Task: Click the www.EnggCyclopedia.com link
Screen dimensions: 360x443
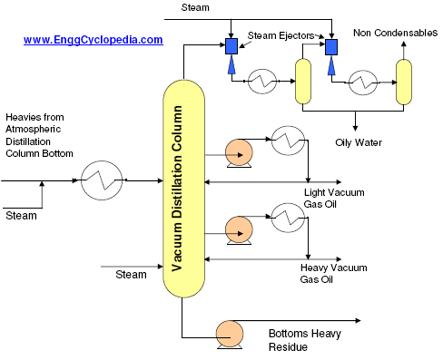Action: point(94,40)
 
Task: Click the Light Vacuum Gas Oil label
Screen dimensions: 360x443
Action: point(331,199)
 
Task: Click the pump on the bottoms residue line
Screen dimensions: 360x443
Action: point(228,333)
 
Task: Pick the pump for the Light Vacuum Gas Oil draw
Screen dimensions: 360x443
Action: point(240,152)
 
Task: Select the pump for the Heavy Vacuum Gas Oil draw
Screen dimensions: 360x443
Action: point(240,227)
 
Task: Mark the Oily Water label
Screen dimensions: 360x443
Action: point(359,141)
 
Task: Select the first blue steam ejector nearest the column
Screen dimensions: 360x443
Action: point(231,46)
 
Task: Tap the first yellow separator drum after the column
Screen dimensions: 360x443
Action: point(304,79)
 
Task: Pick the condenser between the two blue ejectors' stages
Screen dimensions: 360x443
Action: point(263,79)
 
